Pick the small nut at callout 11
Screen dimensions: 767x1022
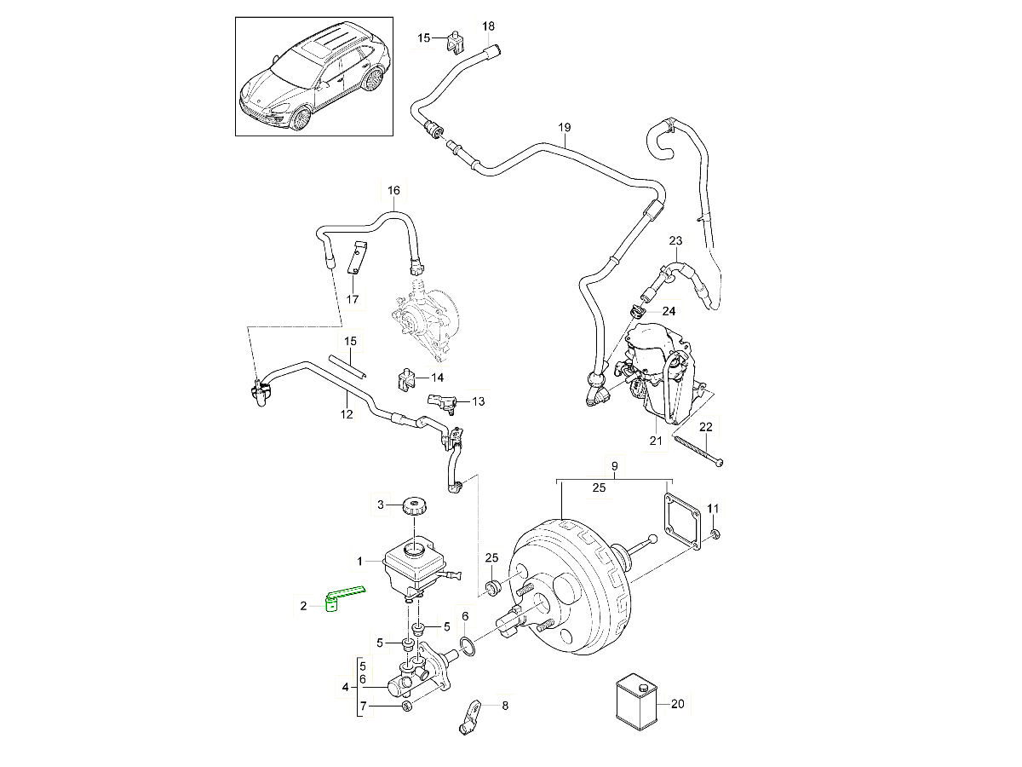tap(714, 533)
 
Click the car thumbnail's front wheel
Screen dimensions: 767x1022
tap(301, 115)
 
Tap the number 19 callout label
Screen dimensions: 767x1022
tap(564, 128)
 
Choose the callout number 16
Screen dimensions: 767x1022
tap(393, 190)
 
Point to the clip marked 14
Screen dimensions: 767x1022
tap(406, 378)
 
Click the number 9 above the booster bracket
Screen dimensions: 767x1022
tap(613, 465)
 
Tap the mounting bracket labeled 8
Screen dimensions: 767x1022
tap(470, 717)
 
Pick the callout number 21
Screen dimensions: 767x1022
tap(655, 441)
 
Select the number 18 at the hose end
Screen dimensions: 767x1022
tap(488, 26)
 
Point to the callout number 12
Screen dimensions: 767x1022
tap(346, 415)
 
